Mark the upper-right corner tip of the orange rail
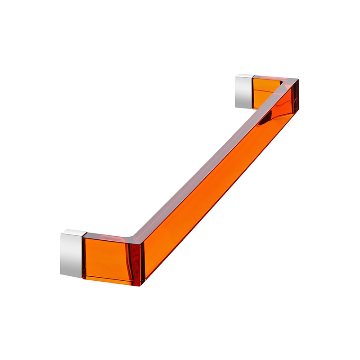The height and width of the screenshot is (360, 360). click(x=298, y=81)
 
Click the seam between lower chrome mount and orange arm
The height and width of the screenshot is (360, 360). click(x=82, y=256)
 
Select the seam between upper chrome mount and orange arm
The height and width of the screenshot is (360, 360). click(x=253, y=92)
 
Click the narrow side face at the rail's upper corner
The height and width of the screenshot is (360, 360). click(x=295, y=97)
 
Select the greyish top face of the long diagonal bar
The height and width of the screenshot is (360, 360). click(x=211, y=155)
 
